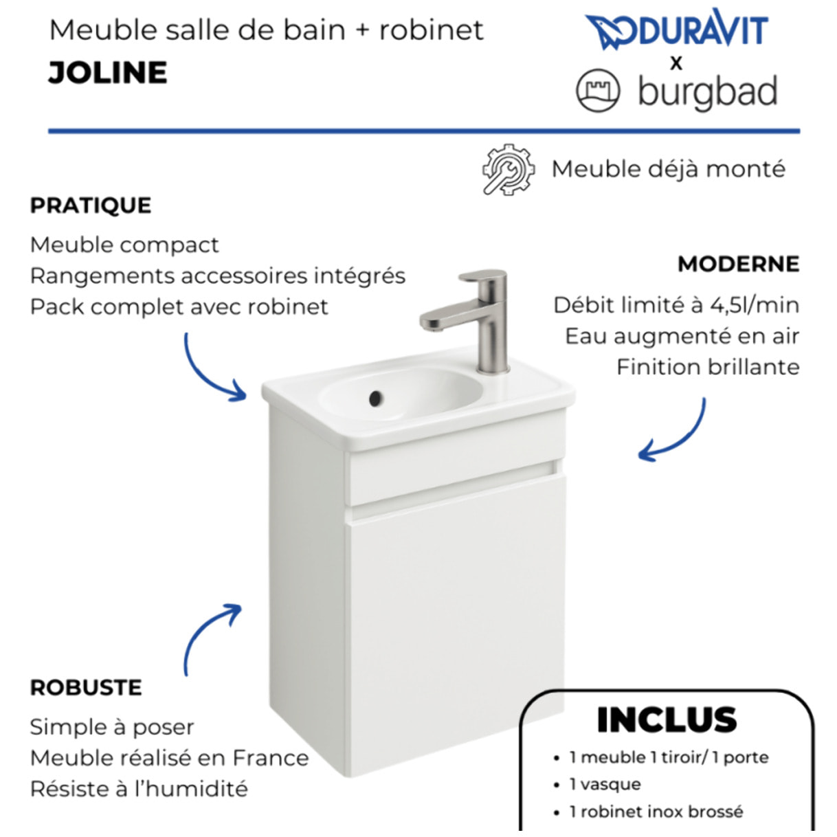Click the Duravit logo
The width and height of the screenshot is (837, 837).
[x=676, y=31]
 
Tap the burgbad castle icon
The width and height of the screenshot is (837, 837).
[x=598, y=91]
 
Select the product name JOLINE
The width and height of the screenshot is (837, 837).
[x=108, y=73]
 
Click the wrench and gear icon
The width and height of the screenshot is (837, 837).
[x=508, y=169]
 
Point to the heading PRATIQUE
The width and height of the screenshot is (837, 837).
[x=91, y=205]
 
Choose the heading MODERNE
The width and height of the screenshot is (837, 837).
[x=738, y=264]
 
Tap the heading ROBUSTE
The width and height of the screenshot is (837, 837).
[x=86, y=688]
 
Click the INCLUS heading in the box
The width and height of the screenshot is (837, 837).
[x=667, y=720]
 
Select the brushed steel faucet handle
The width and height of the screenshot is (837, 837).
[x=483, y=276]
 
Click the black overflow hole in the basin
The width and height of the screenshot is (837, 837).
[x=375, y=397]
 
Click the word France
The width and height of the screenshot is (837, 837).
[x=271, y=758]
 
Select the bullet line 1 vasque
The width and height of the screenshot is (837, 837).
[x=605, y=784]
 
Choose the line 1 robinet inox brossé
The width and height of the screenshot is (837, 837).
[x=656, y=812]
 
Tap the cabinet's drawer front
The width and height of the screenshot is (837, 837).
[x=454, y=473]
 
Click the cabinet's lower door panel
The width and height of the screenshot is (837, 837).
[x=454, y=618]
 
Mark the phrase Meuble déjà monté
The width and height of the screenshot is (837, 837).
[x=668, y=169]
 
